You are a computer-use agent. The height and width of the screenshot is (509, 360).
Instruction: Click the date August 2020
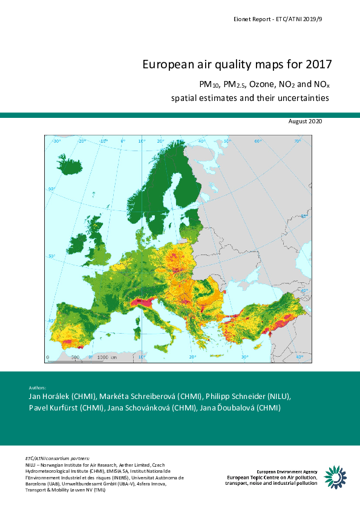(x=306, y=122)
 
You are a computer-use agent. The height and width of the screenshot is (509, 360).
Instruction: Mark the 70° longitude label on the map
(x=297, y=141)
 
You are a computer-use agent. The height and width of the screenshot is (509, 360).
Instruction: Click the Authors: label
(x=38, y=387)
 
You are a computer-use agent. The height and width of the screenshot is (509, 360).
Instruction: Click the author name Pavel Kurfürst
(x=58, y=408)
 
